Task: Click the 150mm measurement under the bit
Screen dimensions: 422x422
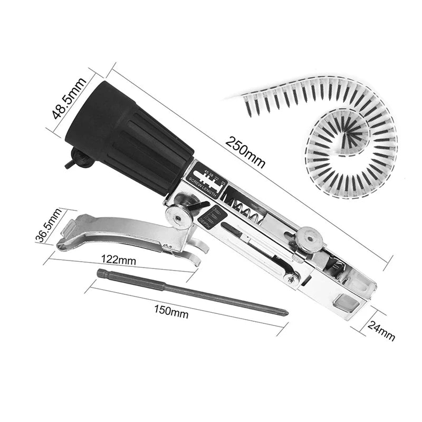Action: (x=171, y=312)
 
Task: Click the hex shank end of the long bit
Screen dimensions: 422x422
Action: (x=103, y=273)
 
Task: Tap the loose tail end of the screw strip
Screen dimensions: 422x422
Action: (x=235, y=98)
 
